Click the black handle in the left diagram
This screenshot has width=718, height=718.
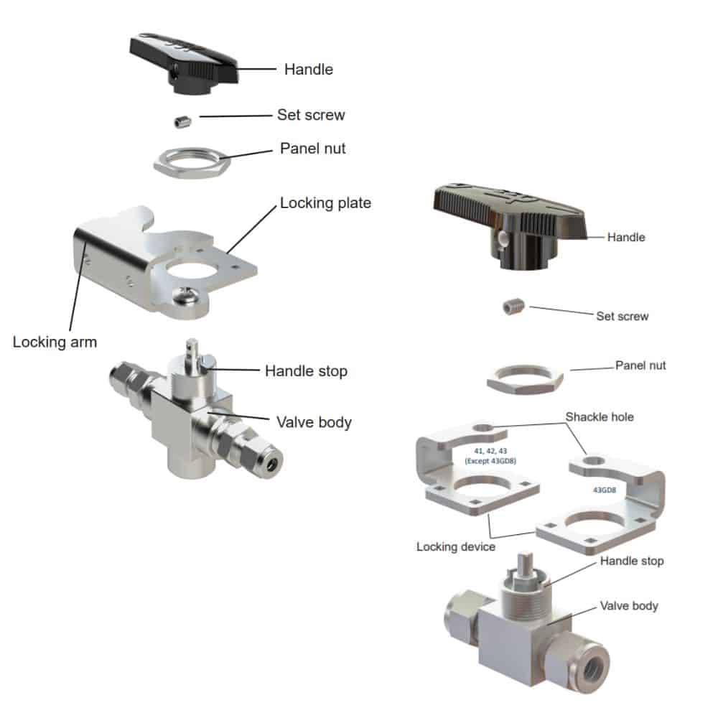(x=183, y=64)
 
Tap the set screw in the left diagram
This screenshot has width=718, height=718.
(x=183, y=122)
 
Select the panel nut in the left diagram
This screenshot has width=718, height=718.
(x=191, y=163)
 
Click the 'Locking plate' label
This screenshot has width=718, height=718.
(x=325, y=203)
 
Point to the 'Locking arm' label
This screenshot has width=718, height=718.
(x=55, y=342)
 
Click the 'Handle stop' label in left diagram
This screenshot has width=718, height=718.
(x=306, y=371)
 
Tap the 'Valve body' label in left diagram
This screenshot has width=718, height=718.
(x=314, y=422)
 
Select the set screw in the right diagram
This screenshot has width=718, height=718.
(x=513, y=307)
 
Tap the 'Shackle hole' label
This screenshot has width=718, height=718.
(x=600, y=416)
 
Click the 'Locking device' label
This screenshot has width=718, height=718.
(x=456, y=546)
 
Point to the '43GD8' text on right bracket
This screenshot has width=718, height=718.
(x=605, y=490)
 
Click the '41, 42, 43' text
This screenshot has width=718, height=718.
(x=490, y=451)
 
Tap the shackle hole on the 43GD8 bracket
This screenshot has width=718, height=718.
(x=594, y=461)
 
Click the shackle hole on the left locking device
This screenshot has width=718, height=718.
(x=482, y=429)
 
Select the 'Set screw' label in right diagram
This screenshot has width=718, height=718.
(x=623, y=316)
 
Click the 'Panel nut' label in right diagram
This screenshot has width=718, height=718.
(x=640, y=365)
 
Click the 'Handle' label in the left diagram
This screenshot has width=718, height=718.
(x=309, y=70)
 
